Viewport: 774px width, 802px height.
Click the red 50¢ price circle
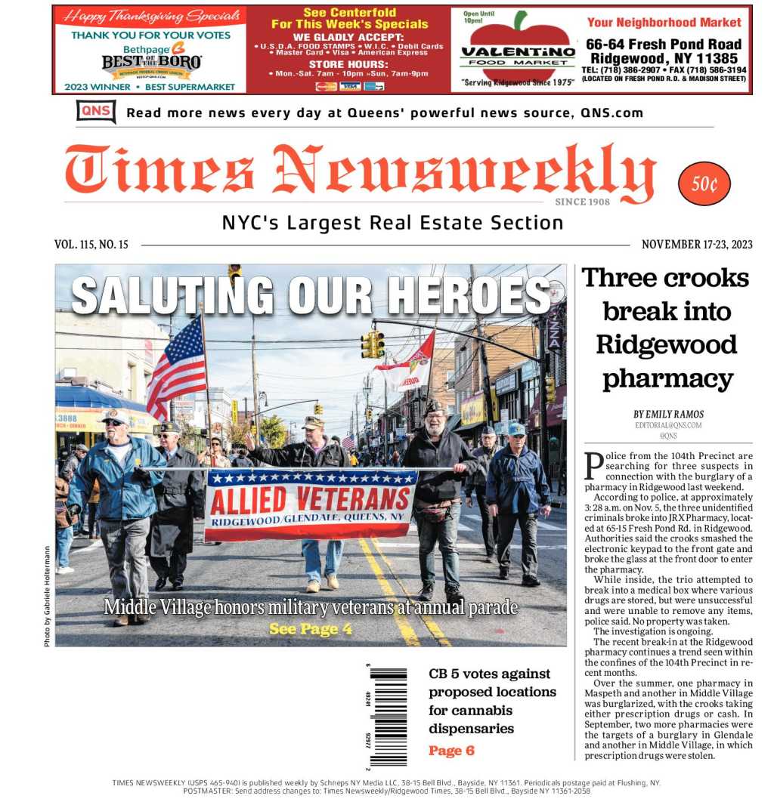click(x=704, y=184)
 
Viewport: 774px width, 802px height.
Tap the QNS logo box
click(x=96, y=112)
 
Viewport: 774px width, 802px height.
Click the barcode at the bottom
click(x=387, y=714)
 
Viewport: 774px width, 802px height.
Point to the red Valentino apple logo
click(x=517, y=50)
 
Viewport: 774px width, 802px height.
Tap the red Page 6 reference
click(x=451, y=751)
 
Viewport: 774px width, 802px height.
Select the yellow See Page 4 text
click(x=310, y=628)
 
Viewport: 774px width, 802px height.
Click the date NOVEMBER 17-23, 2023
click(x=696, y=245)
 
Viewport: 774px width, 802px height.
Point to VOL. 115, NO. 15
click(x=91, y=245)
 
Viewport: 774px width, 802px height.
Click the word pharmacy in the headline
click(x=667, y=378)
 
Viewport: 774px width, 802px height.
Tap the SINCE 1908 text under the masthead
click(x=582, y=202)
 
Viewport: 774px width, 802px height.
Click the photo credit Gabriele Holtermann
click(x=47, y=597)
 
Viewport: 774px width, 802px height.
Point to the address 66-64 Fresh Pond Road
click(x=663, y=44)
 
